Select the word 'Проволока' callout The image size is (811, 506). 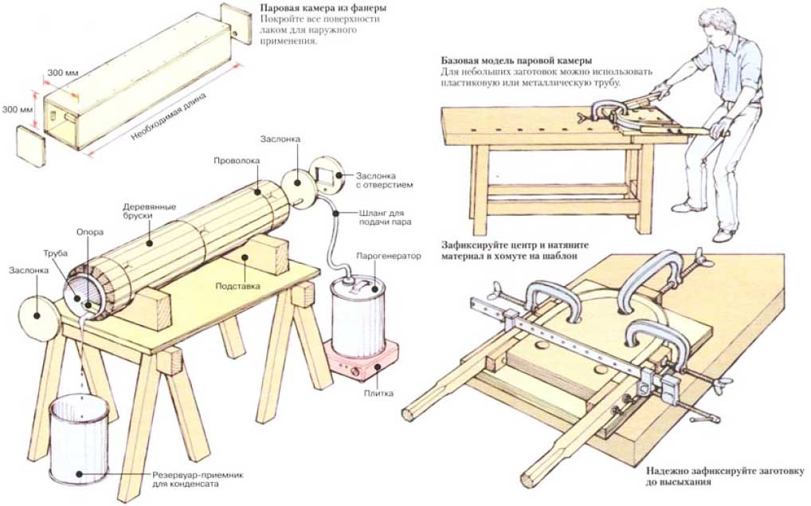click(237, 161)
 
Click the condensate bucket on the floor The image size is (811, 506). click(78, 439)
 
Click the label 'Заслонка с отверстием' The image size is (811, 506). click(382, 179)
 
